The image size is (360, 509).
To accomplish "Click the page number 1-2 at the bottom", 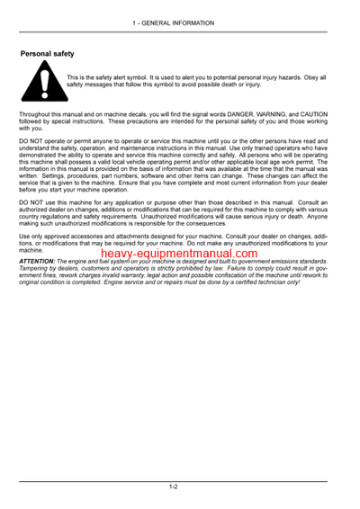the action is (173, 487).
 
